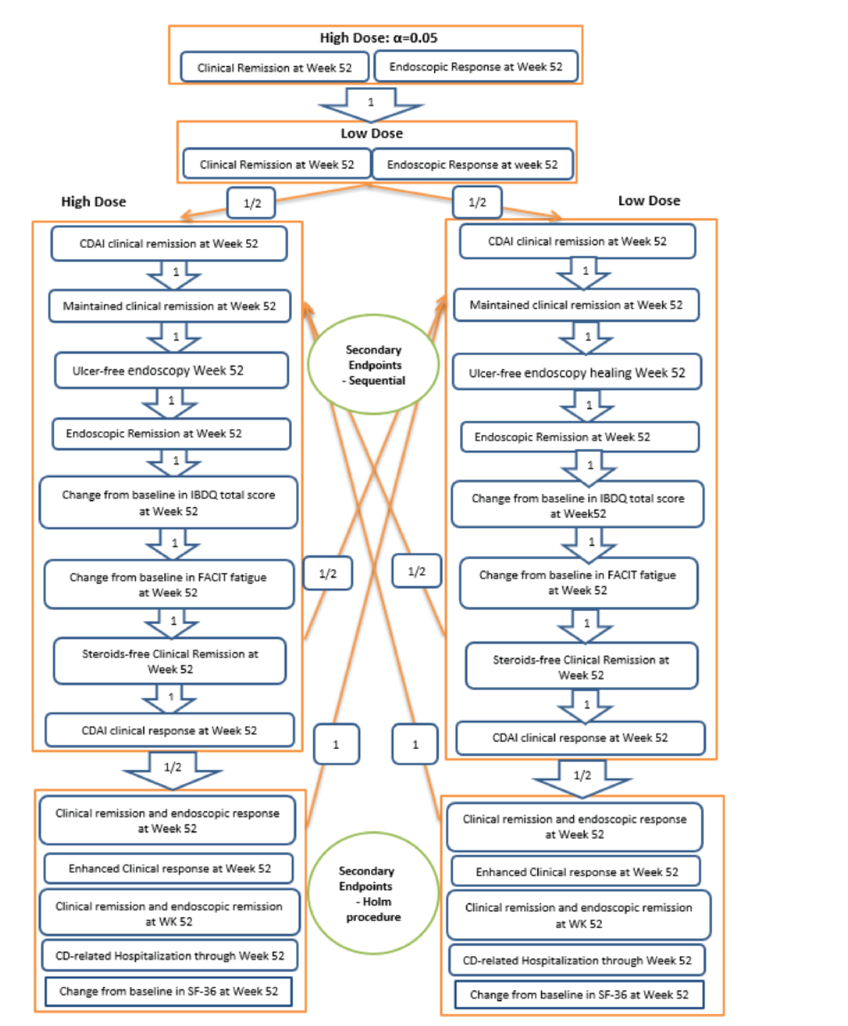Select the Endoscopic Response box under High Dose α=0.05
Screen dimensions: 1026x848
coord(475,67)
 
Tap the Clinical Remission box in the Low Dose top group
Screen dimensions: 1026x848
coord(277,165)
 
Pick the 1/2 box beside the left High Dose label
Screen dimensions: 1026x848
coord(252,203)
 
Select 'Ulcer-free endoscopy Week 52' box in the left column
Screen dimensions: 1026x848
coord(171,371)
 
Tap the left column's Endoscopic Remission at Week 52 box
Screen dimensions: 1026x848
coord(171,434)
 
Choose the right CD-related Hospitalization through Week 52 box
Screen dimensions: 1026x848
coord(577,961)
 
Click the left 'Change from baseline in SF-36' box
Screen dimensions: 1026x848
coord(168,991)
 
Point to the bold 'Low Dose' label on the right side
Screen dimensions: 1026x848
coord(649,201)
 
